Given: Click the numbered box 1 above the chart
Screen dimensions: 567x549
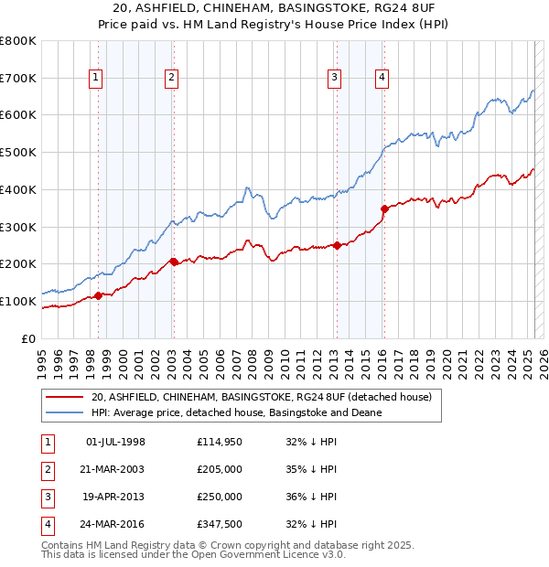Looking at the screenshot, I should [96, 79].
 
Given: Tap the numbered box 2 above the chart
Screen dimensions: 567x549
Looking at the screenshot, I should [171, 79].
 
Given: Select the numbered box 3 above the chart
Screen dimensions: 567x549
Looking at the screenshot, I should [335, 79].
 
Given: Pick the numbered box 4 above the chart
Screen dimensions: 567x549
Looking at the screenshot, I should [381, 79].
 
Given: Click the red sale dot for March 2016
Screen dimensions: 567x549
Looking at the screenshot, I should [384, 209].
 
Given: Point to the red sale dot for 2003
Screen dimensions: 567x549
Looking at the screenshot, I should [174, 262].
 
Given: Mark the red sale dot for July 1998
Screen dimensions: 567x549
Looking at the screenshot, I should [98, 295].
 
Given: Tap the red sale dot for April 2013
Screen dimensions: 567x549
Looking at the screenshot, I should [338, 245].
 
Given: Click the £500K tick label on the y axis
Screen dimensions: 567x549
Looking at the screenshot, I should [19, 153].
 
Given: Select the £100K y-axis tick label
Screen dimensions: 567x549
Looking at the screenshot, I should [19, 301].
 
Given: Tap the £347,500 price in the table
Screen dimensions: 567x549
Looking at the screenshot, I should [220, 524].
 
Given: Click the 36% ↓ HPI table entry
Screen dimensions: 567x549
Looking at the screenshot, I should [311, 497].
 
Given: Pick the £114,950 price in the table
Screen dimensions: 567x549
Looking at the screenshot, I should [220, 442].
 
